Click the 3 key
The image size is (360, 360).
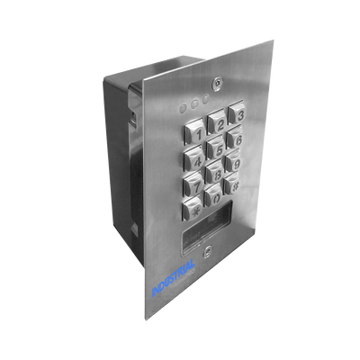coord(238,113)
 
